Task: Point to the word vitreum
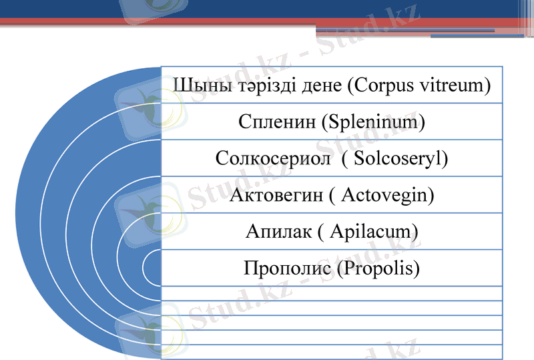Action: point(454,85)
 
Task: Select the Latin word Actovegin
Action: point(387,196)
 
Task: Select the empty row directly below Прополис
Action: point(331,293)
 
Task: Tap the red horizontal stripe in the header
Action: point(200,23)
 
